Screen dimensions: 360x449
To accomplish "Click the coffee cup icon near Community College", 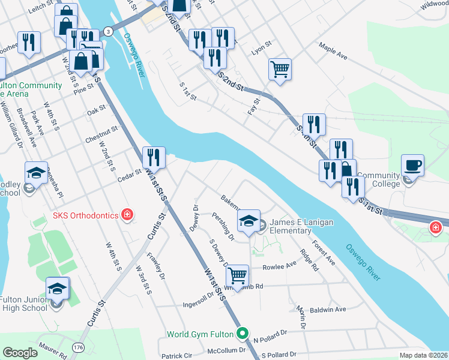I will click(x=412, y=164).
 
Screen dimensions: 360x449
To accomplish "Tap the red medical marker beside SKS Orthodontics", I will click(x=127, y=215).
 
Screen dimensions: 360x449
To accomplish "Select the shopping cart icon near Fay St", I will click(x=280, y=69).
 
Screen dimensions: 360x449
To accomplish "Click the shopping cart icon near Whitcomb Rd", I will click(x=238, y=275).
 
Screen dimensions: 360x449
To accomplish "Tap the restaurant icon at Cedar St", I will click(x=154, y=157).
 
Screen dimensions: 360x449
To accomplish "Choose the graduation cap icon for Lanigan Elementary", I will click(x=249, y=220).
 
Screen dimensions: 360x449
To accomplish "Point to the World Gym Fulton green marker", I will click(x=243, y=333).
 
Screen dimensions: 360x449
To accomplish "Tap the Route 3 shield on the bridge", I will click(x=107, y=31).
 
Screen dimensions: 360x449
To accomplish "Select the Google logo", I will click(x=20, y=353).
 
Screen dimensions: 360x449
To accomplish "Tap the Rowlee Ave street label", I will click(x=280, y=265).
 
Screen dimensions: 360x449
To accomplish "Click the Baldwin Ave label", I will click(x=328, y=310).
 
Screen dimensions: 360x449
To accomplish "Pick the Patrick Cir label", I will click(x=175, y=355).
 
